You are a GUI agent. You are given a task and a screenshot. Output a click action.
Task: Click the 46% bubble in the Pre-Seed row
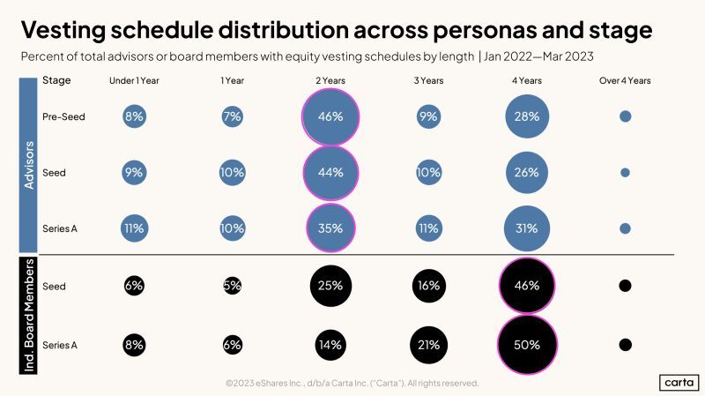coord(330,116)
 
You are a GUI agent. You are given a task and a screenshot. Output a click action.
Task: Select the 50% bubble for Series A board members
coord(528,344)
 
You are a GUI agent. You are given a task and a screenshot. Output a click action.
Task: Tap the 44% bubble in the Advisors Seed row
coord(330,173)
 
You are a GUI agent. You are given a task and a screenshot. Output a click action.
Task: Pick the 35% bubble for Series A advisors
coord(330,228)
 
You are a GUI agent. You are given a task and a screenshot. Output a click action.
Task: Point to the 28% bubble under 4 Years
coord(528,116)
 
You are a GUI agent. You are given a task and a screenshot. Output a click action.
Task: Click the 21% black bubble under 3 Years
coord(428,344)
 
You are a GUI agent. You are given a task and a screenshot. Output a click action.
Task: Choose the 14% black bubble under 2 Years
coord(330,344)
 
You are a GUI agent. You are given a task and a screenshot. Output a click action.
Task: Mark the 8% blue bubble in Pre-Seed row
coord(134,116)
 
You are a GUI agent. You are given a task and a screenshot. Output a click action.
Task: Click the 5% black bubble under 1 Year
coord(232,286)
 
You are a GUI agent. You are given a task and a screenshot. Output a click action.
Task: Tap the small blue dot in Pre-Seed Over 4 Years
coord(626,116)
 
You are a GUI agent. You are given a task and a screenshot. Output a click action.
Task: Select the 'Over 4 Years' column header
coord(626,81)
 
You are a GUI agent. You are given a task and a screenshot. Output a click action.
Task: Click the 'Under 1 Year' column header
coord(134,81)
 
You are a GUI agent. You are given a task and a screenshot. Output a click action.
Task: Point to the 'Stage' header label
coord(56,80)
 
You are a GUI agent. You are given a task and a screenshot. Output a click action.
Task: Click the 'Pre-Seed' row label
coord(63,116)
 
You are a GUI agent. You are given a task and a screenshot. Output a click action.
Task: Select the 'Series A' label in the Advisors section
coord(60,228)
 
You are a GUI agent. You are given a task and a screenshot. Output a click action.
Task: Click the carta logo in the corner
coord(678,382)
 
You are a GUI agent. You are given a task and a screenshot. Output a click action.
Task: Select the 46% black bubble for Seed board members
coord(528,286)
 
